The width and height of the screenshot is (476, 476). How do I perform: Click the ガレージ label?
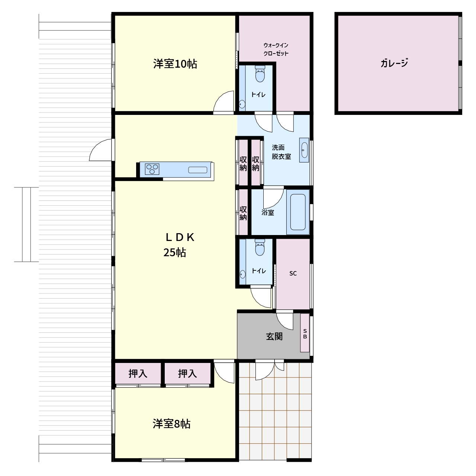tap(394, 63)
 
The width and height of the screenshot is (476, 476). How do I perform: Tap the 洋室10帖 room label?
tap(175, 64)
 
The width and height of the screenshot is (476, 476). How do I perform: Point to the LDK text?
tap(180, 237)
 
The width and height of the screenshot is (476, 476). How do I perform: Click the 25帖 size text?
tap(175, 253)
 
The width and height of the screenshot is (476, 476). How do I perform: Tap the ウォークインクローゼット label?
tap(276, 49)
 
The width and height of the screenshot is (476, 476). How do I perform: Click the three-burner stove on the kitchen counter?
tap(152, 169)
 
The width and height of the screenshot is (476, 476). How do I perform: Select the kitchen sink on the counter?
tap(197, 170)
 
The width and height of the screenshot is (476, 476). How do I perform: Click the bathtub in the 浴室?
tap(297, 212)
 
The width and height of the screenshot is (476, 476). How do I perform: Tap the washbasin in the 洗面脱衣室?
tap(304, 150)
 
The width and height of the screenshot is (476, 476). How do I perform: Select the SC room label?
tap(293, 273)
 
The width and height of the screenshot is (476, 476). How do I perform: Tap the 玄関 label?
tap(274, 337)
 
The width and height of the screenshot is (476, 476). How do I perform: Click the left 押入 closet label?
tap(138, 373)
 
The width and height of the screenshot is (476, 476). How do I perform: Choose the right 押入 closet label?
tap(187, 373)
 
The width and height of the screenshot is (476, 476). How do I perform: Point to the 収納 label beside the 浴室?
tap(243, 213)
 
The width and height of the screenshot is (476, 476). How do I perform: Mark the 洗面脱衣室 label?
tap(281, 152)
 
